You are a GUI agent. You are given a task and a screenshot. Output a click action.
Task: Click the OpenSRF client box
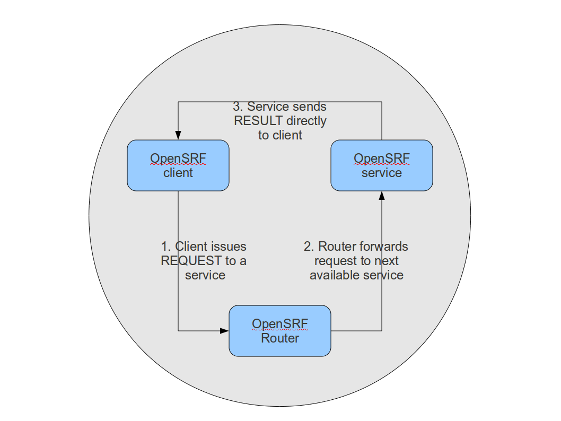(178, 165)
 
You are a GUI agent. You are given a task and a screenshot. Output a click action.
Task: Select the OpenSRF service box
(381, 165)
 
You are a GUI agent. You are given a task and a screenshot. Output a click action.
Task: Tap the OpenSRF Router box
(279, 330)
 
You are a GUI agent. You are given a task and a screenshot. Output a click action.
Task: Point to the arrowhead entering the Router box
(224, 331)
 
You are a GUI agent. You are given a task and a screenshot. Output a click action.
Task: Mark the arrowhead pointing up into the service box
(381, 196)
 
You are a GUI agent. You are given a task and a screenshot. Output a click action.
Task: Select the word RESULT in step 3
(256, 121)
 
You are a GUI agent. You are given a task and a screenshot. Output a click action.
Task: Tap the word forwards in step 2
(384, 247)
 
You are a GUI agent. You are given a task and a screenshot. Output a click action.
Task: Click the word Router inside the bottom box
(280, 338)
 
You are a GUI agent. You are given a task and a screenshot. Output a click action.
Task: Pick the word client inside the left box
(178, 173)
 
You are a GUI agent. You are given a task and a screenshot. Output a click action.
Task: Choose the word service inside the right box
(382, 173)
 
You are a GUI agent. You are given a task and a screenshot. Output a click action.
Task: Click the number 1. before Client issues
(166, 247)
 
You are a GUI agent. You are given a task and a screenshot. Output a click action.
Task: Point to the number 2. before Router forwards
(309, 247)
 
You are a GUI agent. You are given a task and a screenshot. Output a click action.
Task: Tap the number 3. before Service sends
(238, 107)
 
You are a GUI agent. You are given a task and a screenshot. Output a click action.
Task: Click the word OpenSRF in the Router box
(280, 323)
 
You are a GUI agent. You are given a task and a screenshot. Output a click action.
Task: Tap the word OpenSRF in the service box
(382, 158)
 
